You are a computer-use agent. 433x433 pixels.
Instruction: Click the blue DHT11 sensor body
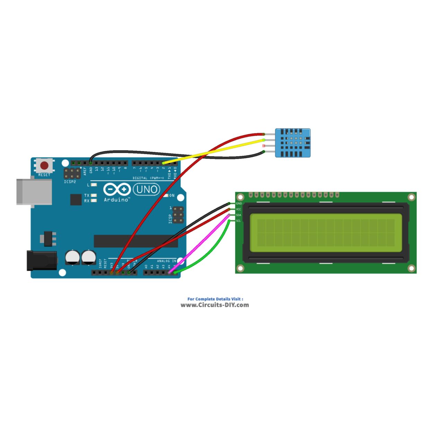tap(293, 143)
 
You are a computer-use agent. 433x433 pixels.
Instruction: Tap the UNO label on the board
tap(147, 189)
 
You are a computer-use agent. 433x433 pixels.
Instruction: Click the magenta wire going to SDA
tap(201, 242)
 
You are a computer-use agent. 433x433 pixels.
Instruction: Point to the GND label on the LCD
tap(239, 204)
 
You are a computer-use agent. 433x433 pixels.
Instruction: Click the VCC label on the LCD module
tap(239, 209)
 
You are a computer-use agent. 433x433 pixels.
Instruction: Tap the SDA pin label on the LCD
tap(238, 215)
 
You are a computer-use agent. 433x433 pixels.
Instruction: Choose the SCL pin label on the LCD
tap(238, 221)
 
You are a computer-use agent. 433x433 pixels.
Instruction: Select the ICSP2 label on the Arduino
tap(70, 182)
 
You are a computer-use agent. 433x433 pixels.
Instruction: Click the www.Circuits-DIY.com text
tap(215, 305)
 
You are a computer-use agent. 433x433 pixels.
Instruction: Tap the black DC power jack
tap(42, 260)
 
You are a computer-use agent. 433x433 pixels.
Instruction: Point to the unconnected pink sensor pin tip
tap(264, 146)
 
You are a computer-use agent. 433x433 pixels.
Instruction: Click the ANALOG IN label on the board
tap(167, 261)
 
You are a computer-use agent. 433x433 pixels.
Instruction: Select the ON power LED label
tap(172, 196)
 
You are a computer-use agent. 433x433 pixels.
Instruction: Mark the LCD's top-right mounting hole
tap(411, 197)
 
